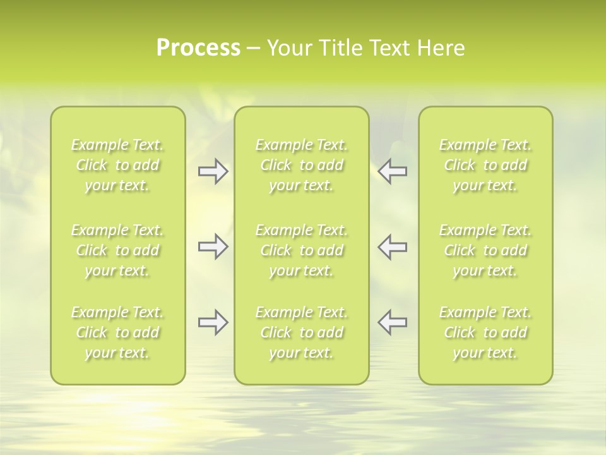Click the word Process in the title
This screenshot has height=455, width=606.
[x=198, y=48]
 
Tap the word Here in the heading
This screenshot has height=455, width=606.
[x=439, y=48]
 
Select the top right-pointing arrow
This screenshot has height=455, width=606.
[x=213, y=171]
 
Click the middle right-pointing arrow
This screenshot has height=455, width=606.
[x=213, y=246]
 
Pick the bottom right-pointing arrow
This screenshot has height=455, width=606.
[x=213, y=322]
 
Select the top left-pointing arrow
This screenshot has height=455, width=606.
[x=393, y=171]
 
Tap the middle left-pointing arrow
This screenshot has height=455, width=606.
[x=393, y=246]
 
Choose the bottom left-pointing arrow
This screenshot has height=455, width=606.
[x=393, y=322]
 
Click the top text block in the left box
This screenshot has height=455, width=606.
[x=117, y=165]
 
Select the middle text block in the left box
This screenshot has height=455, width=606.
[x=117, y=250]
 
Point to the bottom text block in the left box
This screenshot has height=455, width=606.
[x=117, y=332]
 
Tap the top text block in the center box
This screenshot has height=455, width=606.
[x=302, y=165]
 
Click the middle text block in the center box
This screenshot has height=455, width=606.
[x=302, y=250]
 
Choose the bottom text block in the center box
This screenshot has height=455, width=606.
[x=302, y=332]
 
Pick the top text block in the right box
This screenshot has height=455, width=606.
[x=485, y=165]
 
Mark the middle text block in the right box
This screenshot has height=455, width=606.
[x=485, y=250]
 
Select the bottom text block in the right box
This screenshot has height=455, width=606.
[x=485, y=332]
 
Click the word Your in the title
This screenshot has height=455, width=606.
[x=288, y=48]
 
